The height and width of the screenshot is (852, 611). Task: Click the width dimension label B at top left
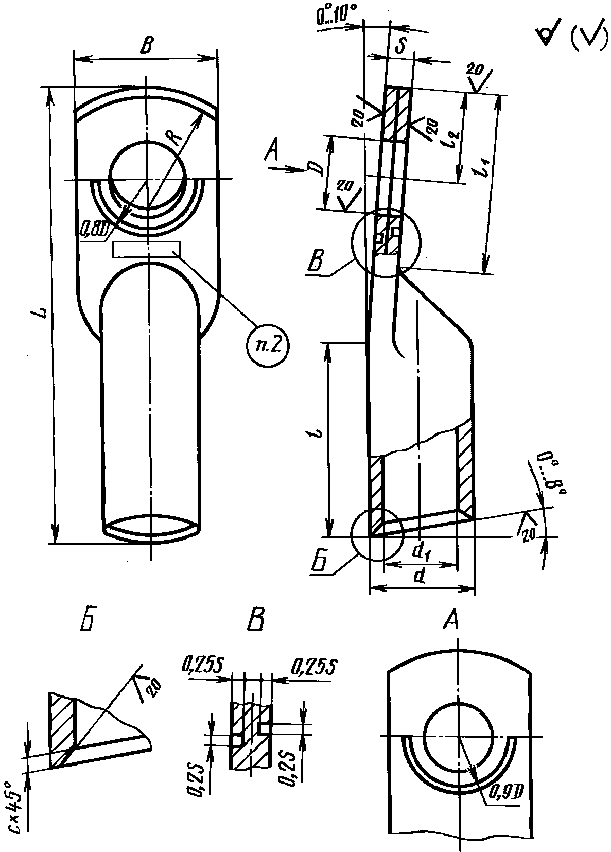[x=147, y=47]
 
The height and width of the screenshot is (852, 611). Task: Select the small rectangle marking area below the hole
[x=146, y=250]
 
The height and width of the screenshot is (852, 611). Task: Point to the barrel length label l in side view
[x=320, y=431]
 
